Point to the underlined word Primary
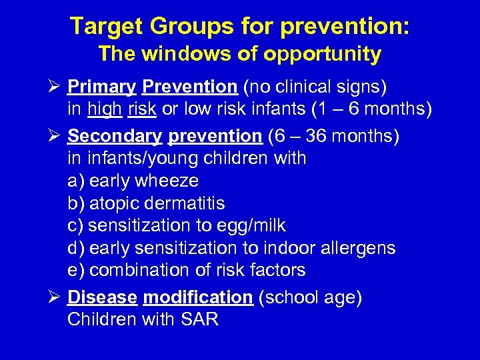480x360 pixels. click(102, 87)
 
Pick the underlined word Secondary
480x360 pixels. click(115, 136)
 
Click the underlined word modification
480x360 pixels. click(198, 297)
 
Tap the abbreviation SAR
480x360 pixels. click(199, 319)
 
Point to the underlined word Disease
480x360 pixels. click(102, 297)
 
